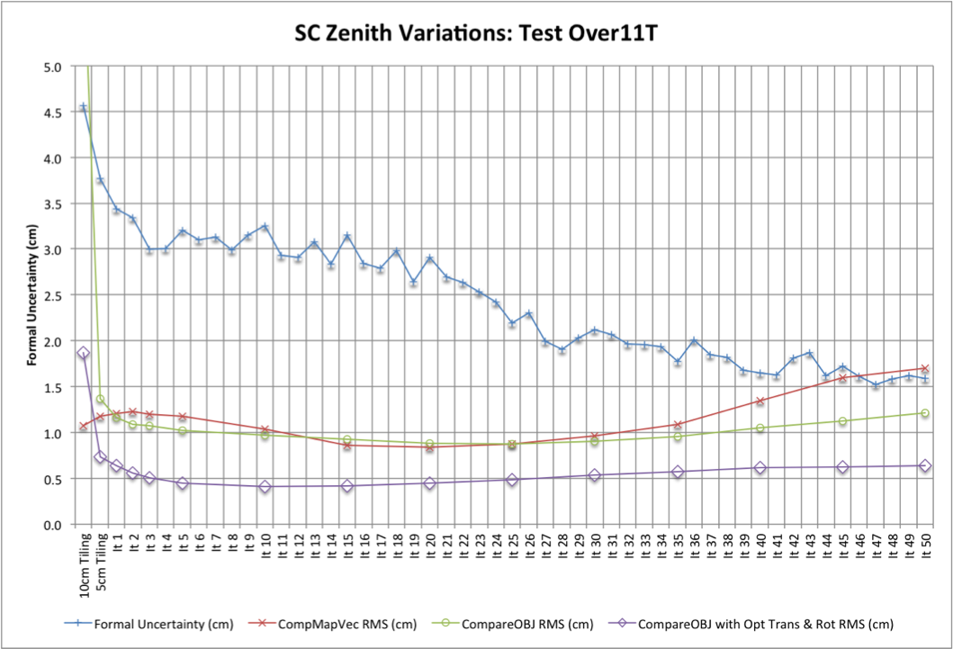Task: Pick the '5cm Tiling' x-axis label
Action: [101, 561]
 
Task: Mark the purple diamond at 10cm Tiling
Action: [84, 354]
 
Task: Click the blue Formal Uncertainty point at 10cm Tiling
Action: [84, 107]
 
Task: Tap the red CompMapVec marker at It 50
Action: [924, 369]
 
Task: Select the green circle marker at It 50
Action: [924, 413]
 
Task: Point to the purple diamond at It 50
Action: [924, 465]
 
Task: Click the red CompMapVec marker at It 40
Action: [760, 401]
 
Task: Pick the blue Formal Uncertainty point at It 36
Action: [694, 341]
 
